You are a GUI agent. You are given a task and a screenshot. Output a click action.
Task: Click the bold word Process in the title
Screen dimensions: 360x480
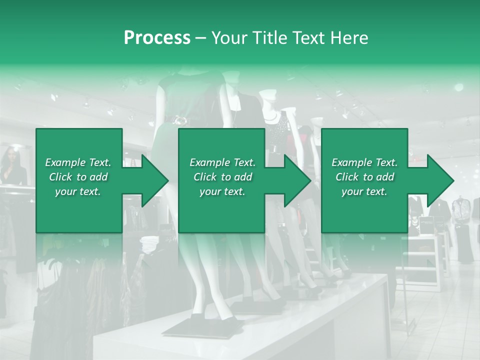coord(157,38)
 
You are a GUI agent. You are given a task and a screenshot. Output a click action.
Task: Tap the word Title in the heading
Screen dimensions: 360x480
coord(268,38)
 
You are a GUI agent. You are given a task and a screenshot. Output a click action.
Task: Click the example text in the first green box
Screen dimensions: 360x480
coord(78,177)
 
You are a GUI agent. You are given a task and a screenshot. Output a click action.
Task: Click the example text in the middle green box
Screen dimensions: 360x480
coord(222,177)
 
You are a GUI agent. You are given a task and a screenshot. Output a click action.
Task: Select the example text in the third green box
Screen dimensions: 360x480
coord(364,177)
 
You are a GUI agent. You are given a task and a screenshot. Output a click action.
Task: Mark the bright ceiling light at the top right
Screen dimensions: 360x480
coord(458,87)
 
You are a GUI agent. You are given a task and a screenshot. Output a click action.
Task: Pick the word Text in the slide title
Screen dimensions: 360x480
coord(306,38)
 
